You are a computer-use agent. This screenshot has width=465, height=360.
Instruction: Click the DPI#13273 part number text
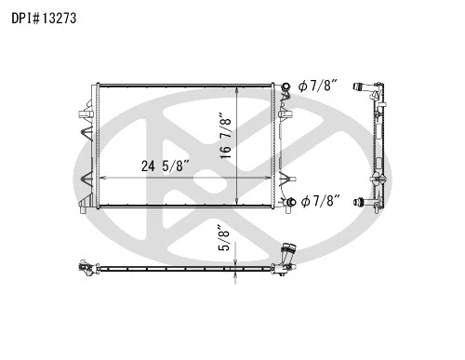[x=44, y=19]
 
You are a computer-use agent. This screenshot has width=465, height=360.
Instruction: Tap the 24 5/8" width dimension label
[x=166, y=166]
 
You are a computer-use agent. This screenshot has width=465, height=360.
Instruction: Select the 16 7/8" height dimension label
[x=226, y=136]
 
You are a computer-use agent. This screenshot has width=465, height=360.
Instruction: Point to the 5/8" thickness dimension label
[x=224, y=238]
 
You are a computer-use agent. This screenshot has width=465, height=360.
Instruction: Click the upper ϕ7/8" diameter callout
[x=318, y=86]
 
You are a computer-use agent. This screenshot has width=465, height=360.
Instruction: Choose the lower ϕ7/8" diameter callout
[x=321, y=201]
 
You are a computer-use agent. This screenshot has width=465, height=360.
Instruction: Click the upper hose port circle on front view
[x=286, y=86]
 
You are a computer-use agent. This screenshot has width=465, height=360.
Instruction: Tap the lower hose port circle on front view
[x=291, y=202]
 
